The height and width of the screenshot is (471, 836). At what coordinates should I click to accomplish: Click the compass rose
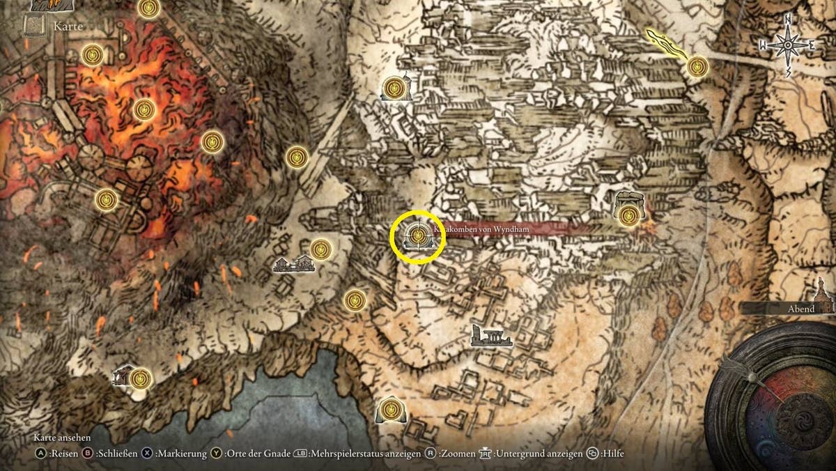tap(787, 45)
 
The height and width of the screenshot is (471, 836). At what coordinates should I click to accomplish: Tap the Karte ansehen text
tap(63, 438)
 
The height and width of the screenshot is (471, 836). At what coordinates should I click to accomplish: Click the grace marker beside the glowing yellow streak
tap(697, 67)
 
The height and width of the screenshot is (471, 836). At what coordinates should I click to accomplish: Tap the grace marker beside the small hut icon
tap(141, 378)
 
